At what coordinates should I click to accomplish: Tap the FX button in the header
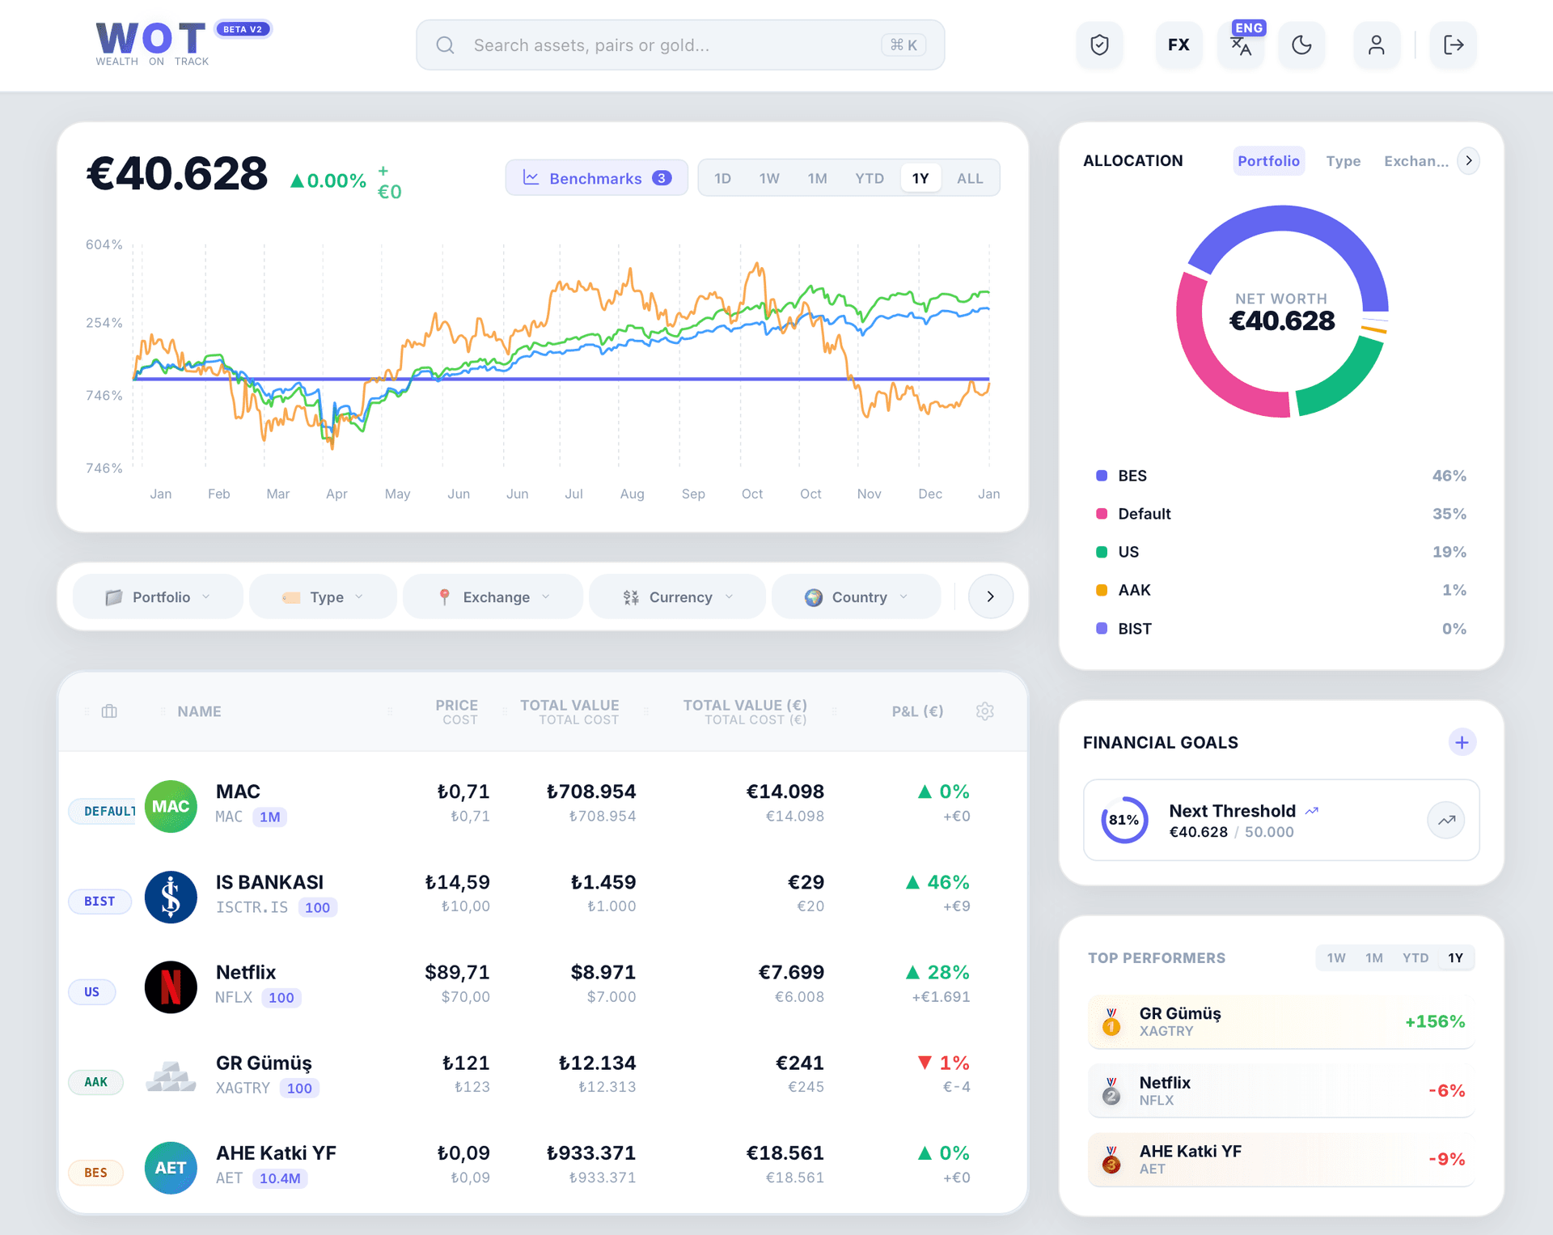1179,45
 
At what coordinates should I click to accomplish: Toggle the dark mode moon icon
1301,45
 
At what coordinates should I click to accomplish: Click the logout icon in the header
1453,45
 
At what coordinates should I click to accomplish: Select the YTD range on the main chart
870,178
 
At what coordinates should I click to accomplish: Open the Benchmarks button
596,178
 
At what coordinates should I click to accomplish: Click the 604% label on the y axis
104,244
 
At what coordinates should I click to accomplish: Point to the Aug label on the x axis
632,494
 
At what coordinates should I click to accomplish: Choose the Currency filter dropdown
678,597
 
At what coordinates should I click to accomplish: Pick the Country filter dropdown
857,597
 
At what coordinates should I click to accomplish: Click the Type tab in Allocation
1343,161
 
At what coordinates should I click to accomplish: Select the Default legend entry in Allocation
1144,514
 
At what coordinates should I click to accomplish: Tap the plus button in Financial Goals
1462,742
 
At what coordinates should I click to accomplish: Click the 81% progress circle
1123,820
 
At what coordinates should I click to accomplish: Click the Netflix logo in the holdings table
171,987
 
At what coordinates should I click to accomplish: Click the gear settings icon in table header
984,711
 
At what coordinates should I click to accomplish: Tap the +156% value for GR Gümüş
1434,1021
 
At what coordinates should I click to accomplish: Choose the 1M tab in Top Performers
1373,957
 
